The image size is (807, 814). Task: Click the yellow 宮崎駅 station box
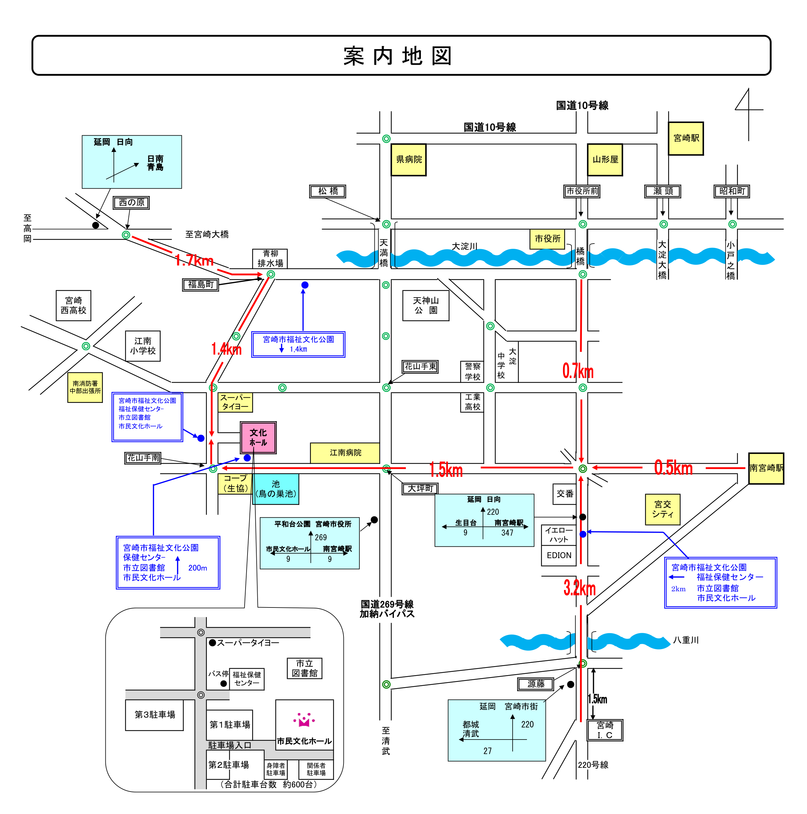(686, 139)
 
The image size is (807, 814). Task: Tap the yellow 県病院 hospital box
(408, 160)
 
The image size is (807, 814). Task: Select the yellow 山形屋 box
(605, 160)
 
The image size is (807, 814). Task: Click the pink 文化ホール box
(258, 437)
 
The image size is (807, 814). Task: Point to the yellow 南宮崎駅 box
(766, 468)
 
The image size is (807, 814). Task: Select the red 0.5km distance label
(673, 468)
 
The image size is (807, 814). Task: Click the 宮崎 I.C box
(605, 730)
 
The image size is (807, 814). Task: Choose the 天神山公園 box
(426, 305)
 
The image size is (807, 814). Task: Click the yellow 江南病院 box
(345, 453)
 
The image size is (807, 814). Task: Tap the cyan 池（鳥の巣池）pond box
(276, 489)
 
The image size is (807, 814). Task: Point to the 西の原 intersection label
(131, 203)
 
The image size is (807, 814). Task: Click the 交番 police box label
(565, 494)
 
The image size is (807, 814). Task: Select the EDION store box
(559, 555)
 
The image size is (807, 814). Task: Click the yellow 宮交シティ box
(663, 509)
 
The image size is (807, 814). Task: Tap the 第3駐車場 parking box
(155, 715)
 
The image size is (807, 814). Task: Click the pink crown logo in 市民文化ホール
(304, 720)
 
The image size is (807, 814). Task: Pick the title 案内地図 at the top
(398, 56)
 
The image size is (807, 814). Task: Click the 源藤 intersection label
(536, 684)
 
